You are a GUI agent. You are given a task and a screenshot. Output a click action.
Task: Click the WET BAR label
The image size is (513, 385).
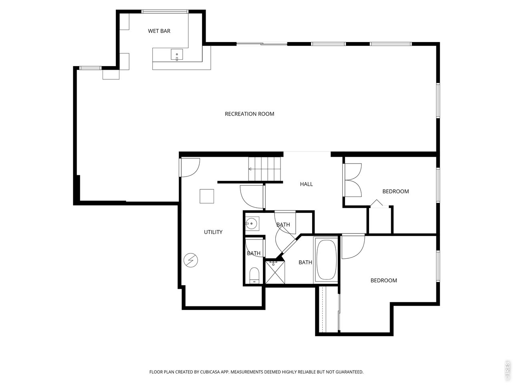[x=159, y=31]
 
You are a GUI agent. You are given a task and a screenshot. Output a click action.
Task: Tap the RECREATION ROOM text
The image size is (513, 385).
[x=249, y=114]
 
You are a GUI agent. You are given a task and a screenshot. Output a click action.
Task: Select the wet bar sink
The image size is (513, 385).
[x=177, y=55]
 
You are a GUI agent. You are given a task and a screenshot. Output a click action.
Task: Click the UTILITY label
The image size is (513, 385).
[x=213, y=232]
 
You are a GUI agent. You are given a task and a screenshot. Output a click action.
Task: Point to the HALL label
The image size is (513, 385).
[x=306, y=184]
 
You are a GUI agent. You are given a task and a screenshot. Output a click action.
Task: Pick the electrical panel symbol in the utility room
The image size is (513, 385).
[x=191, y=260]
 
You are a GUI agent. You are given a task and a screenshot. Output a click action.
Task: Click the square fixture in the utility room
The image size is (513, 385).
[x=206, y=196]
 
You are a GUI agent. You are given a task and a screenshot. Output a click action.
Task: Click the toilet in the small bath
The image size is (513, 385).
[x=254, y=276]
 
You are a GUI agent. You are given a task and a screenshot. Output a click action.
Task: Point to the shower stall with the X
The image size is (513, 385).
[x=275, y=272]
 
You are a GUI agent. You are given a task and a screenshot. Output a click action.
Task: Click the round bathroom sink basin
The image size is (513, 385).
[x=251, y=224]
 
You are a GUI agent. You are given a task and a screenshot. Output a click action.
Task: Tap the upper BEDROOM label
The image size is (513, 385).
[x=396, y=191]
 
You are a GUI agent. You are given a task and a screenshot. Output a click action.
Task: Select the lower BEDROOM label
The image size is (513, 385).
[x=384, y=280]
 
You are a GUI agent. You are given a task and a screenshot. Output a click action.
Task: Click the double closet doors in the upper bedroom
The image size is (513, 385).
[x=352, y=180]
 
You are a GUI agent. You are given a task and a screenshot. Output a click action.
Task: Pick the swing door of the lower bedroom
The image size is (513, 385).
[x=353, y=247]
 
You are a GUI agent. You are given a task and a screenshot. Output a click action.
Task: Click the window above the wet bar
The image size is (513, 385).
[x=165, y=12]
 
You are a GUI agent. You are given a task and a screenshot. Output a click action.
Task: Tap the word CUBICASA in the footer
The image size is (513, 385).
[x=210, y=372]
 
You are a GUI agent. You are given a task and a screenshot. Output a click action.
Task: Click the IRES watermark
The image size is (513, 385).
[x=507, y=373]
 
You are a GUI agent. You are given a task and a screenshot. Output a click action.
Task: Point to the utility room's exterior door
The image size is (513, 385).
[x=189, y=168]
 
